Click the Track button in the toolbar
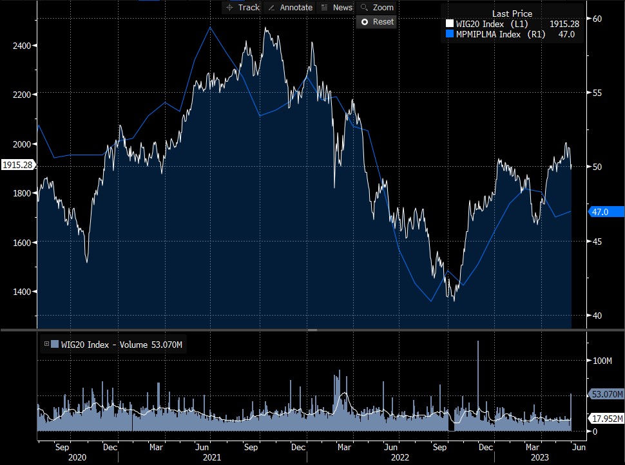[x=243, y=8]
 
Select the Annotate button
[x=290, y=8]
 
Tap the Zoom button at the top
[x=377, y=8]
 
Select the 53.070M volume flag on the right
[x=607, y=394]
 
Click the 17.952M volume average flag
[x=607, y=419]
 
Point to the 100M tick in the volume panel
[x=602, y=361]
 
